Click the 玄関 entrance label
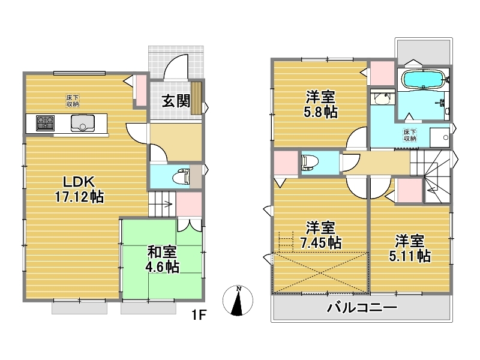[176, 101]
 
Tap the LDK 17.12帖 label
[79, 190]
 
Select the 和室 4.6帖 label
[162, 260]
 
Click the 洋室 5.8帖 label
[320, 104]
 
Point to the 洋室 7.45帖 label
[320, 235]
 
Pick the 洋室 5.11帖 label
[410, 248]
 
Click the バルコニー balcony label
[362, 307]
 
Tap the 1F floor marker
[199, 314]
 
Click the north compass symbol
[238, 301]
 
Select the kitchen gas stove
[46, 123]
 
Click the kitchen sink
[83, 123]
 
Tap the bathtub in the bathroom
[424, 80]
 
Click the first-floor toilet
[181, 177]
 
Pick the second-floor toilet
[310, 162]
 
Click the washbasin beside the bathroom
[382, 98]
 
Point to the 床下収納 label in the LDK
[73, 101]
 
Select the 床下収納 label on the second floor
[410, 136]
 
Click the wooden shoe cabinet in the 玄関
[196, 98]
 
